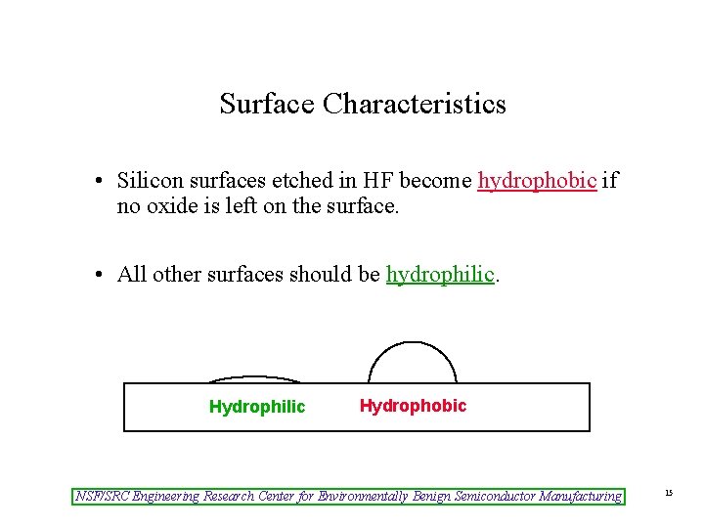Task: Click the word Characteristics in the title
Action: point(415,104)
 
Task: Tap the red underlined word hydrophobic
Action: point(537,181)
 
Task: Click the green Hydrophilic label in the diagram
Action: point(257,407)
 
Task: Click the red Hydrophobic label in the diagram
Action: point(413,406)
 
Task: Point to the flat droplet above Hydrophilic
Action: point(256,379)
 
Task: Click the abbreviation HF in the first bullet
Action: point(375,181)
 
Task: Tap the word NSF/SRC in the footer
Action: point(103,497)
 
